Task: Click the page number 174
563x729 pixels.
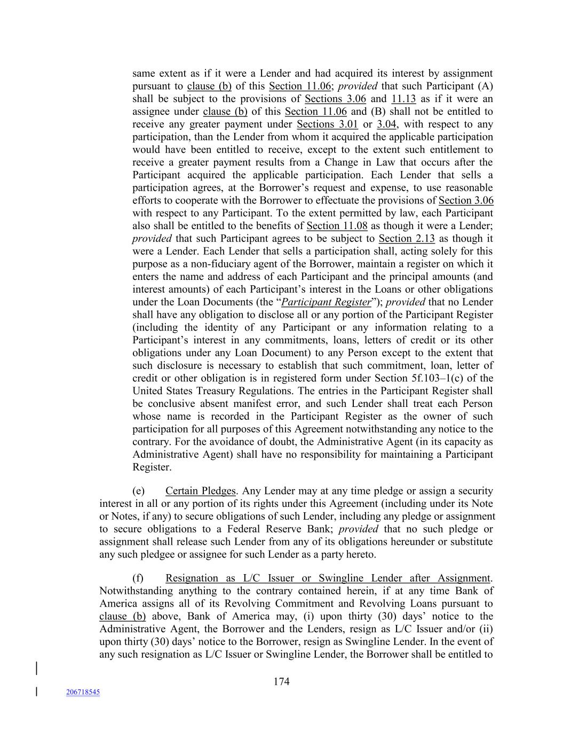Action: coord(281,681)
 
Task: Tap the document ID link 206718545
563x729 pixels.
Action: coord(83,692)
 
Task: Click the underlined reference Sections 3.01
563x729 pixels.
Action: coord(327,124)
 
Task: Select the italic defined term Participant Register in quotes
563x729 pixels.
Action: coord(326,302)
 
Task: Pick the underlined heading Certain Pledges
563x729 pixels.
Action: coord(200,491)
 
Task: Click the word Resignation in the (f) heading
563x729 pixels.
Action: coord(192,578)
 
